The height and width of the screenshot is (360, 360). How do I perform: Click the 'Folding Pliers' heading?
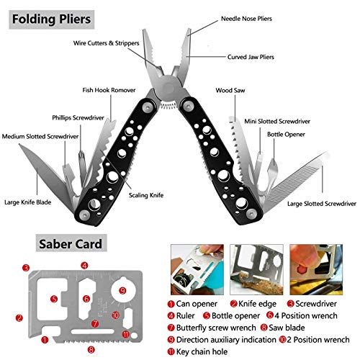click(x=51, y=19)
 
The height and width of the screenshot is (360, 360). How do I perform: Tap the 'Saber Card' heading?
click(x=71, y=244)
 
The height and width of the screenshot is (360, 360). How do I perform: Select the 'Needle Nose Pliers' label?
click(x=246, y=19)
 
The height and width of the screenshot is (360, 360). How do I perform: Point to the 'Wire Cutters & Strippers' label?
click(x=107, y=43)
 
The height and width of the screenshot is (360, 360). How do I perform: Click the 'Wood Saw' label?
click(x=230, y=91)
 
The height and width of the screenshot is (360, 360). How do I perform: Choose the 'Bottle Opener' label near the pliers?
click(x=286, y=135)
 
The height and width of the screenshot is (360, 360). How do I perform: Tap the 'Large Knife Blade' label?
click(x=28, y=202)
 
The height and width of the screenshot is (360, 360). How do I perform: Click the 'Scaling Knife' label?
click(x=146, y=195)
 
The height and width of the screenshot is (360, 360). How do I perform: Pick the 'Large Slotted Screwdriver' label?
click(x=322, y=204)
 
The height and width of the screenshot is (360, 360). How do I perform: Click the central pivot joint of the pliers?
click(x=168, y=87)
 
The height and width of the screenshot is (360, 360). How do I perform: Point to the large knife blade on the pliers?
click(x=45, y=171)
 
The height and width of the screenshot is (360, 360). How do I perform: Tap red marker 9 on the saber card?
click(x=122, y=291)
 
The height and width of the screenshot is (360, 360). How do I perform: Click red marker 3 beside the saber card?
click(x=26, y=268)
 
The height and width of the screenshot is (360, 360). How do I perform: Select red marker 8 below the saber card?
click(x=91, y=349)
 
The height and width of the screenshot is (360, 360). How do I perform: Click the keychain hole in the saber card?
click(x=135, y=336)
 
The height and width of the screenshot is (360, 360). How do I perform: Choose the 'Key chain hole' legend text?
click(x=202, y=352)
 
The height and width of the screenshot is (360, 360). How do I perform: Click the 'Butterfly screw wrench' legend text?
click(x=216, y=328)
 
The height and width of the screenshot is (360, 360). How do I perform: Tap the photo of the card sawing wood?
click(x=256, y=269)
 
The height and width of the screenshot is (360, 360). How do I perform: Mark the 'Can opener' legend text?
click(x=197, y=304)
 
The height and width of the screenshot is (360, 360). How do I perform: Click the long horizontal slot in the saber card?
click(x=93, y=332)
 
